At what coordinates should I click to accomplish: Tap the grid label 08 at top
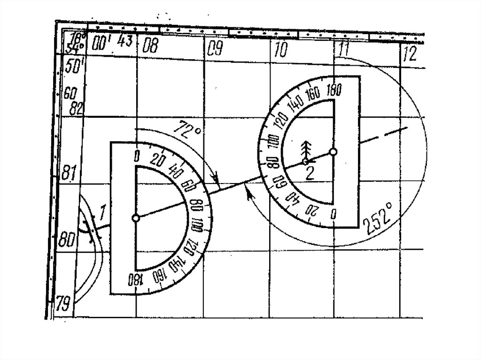pyautogui.click(x=151, y=46)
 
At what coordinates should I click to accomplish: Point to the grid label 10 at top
pyautogui.click(x=280, y=50)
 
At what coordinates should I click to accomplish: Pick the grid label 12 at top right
pyautogui.click(x=410, y=54)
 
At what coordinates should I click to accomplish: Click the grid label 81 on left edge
pyautogui.click(x=68, y=173)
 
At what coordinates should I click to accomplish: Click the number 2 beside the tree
pyautogui.click(x=310, y=172)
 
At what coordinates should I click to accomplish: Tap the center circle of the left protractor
pyautogui.click(x=136, y=218)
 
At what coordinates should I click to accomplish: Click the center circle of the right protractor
pyautogui.click(x=333, y=152)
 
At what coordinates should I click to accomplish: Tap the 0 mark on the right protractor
pyautogui.click(x=333, y=214)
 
